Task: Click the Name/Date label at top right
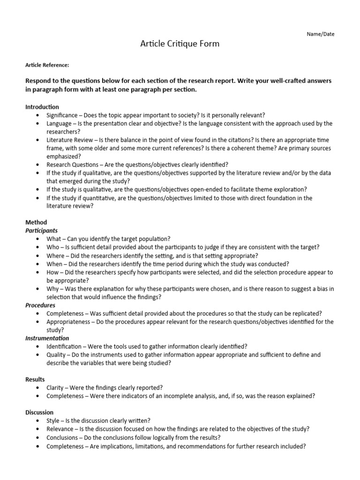click(321, 34)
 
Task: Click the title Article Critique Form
click(180, 44)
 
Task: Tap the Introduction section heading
click(42, 107)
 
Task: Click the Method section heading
click(36, 222)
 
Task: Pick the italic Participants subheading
click(42, 231)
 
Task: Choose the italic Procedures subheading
click(40, 305)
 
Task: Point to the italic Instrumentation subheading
click(47, 338)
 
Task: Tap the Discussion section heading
click(39, 412)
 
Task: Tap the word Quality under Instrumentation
click(56, 355)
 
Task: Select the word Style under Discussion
click(54, 420)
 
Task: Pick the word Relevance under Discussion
click(60, 429)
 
